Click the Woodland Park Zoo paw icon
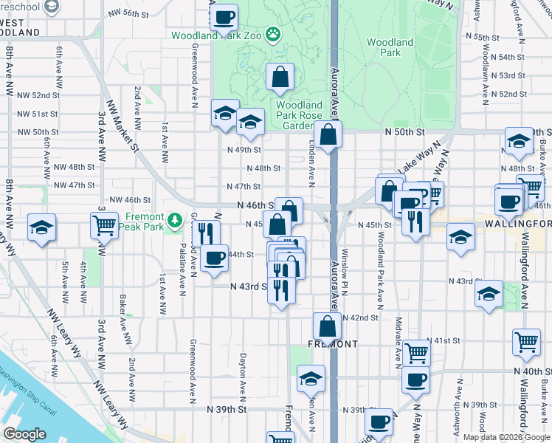point(273,33)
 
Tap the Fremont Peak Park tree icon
point(174,220)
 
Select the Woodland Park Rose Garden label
point(299,115)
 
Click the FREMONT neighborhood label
point(333,344)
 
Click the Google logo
point(24,434)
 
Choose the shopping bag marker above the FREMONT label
point(327,326)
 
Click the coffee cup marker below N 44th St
point(215,258)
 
